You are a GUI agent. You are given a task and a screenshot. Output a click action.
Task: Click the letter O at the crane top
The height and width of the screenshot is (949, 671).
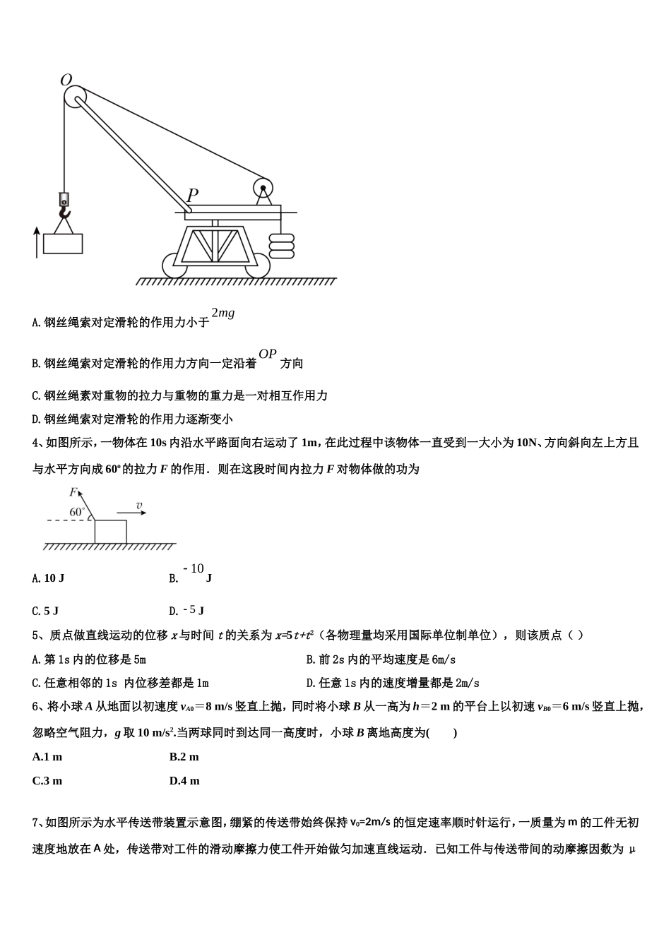coord(66,80)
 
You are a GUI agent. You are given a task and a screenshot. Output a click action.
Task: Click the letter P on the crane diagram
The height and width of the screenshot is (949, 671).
coord(192,194)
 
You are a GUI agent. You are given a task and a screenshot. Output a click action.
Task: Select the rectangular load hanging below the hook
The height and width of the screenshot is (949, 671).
coord(63,243)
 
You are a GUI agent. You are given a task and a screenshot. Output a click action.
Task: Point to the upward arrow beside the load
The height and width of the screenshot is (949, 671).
coord(37,242)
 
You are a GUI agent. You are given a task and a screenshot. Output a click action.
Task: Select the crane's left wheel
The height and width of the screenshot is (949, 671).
coord(174,266)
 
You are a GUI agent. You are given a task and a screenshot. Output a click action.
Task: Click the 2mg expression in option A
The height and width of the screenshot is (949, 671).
coord(223,314)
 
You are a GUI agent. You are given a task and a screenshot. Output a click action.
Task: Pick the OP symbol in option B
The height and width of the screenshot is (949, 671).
coord(268,354)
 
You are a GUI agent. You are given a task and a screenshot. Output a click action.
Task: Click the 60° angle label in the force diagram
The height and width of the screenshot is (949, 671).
coord(77,512)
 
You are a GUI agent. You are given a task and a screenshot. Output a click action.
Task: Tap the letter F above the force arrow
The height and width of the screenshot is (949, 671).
coord(73,492)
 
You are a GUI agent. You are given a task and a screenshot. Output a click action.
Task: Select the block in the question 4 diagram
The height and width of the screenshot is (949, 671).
coord(111,531)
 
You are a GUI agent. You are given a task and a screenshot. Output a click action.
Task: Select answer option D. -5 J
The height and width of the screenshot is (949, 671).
coord(187,611)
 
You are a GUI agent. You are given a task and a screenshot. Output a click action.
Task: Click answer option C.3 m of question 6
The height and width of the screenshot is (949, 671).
coord(47,781)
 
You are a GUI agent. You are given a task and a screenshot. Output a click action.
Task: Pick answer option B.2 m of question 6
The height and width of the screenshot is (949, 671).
coord(184,757)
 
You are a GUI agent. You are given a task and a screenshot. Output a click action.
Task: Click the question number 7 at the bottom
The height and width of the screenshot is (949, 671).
coord(35,823)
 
